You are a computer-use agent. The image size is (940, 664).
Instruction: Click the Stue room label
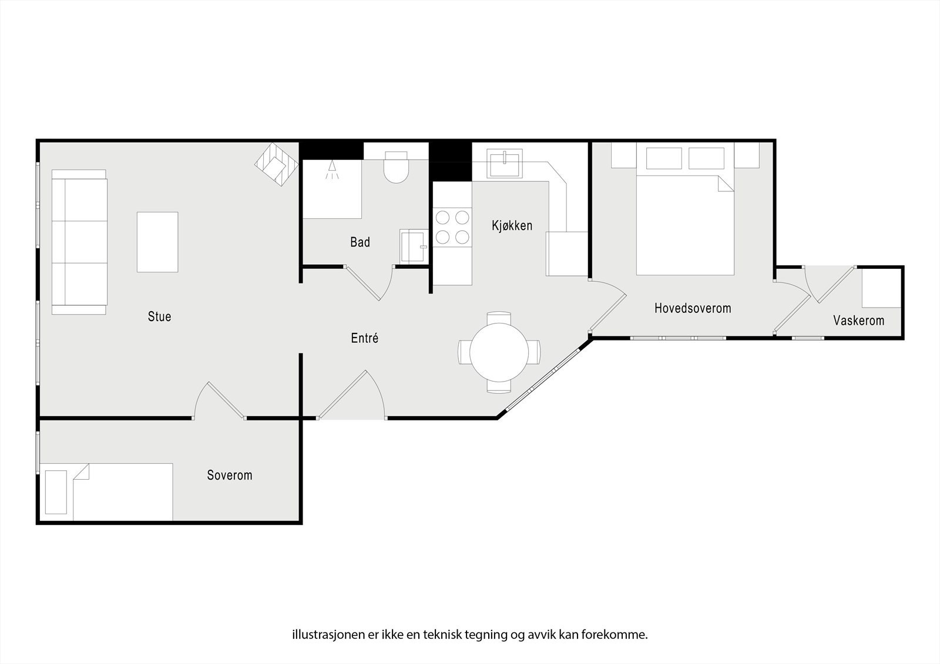point(159,317)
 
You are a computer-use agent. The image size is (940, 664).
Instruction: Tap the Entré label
point(364,338)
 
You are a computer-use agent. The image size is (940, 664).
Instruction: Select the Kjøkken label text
point(512,225)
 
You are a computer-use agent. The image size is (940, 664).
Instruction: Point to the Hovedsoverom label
point(693,308)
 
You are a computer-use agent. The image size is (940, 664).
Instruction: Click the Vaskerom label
point(858,321)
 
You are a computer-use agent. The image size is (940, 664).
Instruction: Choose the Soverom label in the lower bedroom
point(229,475)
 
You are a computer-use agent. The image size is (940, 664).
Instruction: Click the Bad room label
point(360,242)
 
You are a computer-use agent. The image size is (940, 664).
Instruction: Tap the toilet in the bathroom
point(396,167)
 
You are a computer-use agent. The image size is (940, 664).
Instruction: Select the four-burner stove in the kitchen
point(452,227)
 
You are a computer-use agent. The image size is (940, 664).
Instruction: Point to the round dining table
point(499,352)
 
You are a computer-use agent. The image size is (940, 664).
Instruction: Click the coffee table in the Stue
point(157,242)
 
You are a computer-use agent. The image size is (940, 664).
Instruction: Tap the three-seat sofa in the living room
point(79,242)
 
